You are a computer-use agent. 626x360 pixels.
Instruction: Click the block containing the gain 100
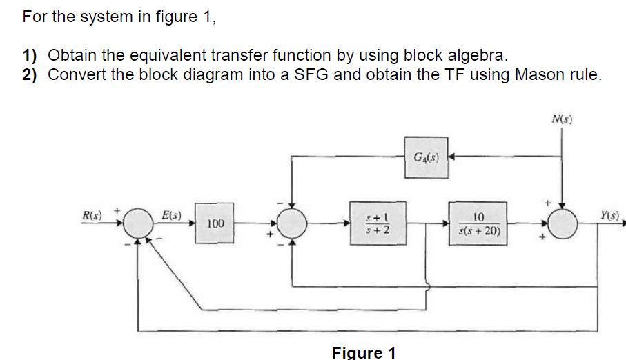coord(215,223)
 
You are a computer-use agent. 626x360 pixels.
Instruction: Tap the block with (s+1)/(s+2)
coord(373,223)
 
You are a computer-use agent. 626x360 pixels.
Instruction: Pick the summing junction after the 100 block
coord(292,223)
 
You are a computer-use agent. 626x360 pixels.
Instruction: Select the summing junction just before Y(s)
coord(564,223)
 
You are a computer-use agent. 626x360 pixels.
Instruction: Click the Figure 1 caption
coord(364,352)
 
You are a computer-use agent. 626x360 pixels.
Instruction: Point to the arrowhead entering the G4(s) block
coord(452,157)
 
